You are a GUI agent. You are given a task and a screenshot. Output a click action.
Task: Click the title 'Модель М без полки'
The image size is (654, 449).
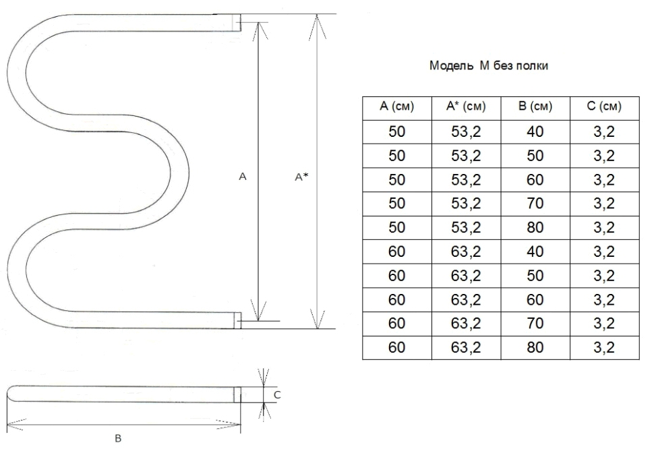[488, 65]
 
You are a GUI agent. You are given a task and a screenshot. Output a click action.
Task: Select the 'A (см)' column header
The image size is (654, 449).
[396, 107]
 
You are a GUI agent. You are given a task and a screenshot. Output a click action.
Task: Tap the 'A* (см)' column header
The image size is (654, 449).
[466, 107]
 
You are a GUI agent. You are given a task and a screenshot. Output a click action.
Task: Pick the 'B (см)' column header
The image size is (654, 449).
[535, 107]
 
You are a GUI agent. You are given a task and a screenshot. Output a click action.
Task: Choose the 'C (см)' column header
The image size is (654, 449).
[604, 107]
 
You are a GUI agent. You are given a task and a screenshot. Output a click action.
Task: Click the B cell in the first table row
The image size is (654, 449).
[535, 131]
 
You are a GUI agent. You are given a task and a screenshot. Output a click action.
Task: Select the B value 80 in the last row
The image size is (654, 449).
[535, 347]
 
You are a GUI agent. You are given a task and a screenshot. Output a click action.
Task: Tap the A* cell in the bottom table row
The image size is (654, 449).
[466, 347]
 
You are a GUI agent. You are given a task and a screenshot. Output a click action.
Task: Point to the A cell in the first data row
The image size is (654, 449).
[396, 131]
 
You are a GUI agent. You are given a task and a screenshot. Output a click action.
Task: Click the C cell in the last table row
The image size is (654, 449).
[604, 347]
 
